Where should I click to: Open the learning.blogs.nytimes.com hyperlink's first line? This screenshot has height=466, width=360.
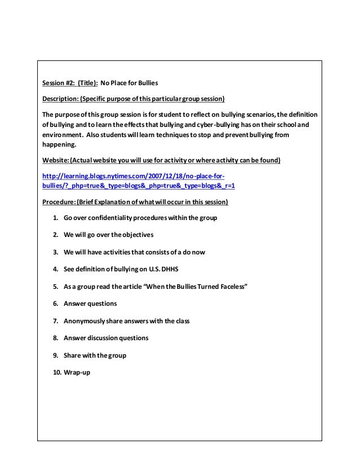134,175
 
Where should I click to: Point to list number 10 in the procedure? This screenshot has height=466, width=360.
56,372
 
